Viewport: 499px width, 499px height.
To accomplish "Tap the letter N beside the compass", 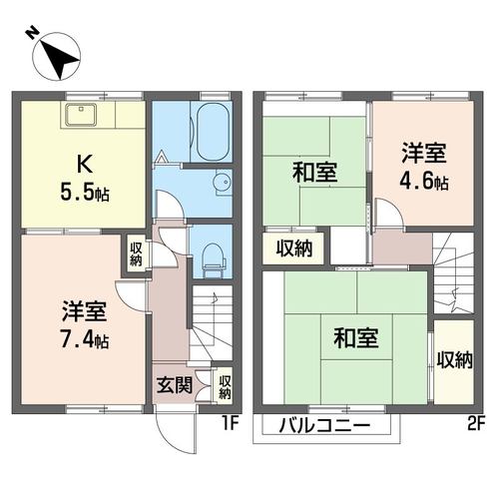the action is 32,33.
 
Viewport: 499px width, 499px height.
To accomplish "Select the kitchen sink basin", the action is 81,115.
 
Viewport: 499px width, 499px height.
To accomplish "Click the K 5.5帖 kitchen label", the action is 85,180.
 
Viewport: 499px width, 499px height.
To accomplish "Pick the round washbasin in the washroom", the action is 223,182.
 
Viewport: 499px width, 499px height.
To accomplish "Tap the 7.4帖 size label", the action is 85,338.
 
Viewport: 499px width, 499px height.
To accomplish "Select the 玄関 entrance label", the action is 175,385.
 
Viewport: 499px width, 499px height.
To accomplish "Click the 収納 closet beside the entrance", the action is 225,386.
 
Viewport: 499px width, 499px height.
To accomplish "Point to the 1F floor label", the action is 231,423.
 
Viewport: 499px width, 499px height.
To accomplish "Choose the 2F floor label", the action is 476,424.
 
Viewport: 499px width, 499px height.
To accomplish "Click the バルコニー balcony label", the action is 324,426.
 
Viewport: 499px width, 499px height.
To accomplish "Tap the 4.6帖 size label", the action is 424,182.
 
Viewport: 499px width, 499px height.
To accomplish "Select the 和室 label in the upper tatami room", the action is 315,172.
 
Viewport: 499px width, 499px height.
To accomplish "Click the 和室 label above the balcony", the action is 356,338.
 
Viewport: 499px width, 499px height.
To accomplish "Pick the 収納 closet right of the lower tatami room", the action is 454,361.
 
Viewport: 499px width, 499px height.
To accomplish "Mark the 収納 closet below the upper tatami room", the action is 294,249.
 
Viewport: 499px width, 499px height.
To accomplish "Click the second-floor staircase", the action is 453,272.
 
